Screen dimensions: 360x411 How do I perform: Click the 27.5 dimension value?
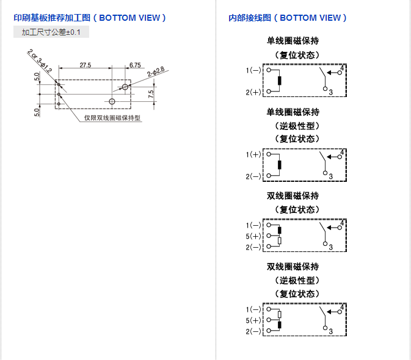click(x=85, y=64)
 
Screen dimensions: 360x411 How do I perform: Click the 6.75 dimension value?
click(x=135, y=64)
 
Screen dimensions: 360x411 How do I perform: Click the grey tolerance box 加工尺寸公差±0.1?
click(x=51, y=32)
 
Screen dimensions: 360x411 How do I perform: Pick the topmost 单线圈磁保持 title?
click(x=293, y=41)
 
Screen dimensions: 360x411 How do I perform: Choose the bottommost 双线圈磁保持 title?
click(x=293, y=267)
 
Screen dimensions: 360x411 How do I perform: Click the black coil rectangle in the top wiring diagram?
click(x=280, y=81)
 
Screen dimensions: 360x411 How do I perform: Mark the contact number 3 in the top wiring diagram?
click(x=330, y=92)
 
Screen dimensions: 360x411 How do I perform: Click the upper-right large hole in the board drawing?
click(x=125, y=87)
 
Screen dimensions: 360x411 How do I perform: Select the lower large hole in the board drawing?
click(x=112, y=101)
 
